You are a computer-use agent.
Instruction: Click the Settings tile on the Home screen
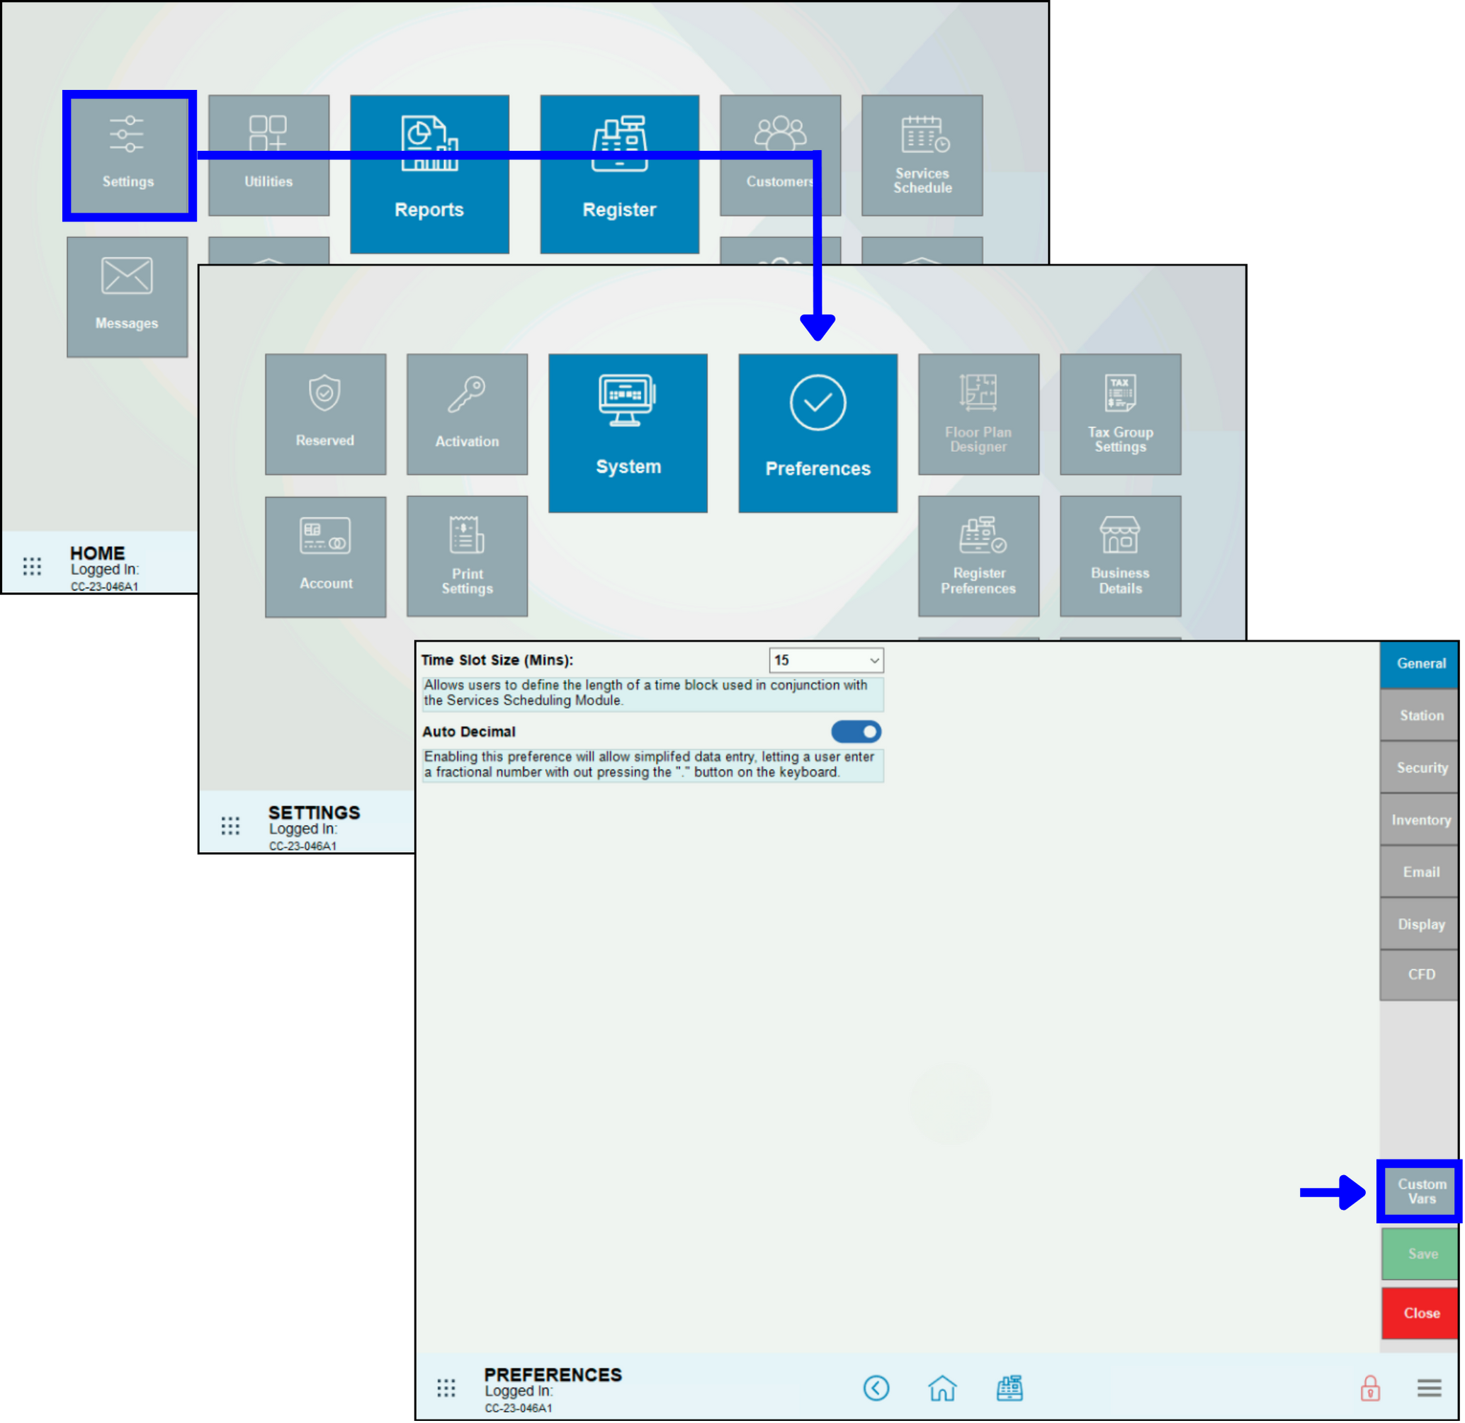pos(128,155)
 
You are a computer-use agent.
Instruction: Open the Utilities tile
pos(268,155)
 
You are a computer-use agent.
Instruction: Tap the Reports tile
pos(429,174)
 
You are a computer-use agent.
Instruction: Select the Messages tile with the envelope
pos(127,297)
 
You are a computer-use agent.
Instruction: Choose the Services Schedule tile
pos(922,155)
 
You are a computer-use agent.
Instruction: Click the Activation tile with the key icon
pos(467,414)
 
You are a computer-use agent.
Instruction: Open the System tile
pos(628,433)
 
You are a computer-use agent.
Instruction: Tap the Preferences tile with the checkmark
pos(818,433)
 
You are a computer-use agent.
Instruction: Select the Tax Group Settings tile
pos(1120,414)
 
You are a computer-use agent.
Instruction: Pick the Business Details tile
pos(1120,556)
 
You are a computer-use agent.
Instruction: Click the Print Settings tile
pos(467,556)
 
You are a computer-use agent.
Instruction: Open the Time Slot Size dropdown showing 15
pos(826,660)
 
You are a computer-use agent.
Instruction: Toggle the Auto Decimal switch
pos(856,732)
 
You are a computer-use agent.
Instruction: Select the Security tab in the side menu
pos(1421,768)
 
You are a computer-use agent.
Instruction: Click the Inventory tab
pos(1421,820)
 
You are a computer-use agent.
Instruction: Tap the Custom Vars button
pos(1421,1191)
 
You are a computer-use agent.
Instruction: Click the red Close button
pos(1421,1313)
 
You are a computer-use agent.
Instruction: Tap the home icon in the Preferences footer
pos(941,1388)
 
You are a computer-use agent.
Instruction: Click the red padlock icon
pos(1369,1388)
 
